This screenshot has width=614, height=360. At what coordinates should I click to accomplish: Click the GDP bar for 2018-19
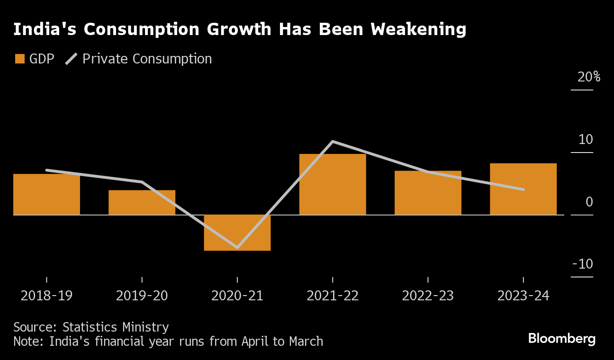click(x=46, y=195)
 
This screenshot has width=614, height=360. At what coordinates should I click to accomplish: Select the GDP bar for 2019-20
click(x=142, y=203)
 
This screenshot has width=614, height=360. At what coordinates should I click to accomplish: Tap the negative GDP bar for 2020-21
click(x=237, y=233)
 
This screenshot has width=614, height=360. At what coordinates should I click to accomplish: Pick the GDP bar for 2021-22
click(x=333, y=185)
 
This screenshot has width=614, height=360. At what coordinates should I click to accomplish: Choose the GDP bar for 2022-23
click(x=428, y=193)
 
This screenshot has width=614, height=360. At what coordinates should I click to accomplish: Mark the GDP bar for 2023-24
click(x=523, y=189)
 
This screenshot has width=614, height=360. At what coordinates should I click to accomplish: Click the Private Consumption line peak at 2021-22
click(x=333, y=142)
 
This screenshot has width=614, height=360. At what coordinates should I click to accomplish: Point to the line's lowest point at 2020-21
click(x=237, y=247)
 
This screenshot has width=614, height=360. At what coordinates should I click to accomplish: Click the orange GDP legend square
click(x=20, y=59)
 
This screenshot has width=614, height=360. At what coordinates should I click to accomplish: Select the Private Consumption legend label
click(x=147, y=59)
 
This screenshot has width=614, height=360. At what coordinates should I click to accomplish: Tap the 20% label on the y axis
click(x=588, y=77)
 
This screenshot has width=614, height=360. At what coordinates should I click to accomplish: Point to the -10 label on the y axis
click(x=582, y=264)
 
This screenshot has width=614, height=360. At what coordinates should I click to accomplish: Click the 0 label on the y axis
click(x=589, y=202)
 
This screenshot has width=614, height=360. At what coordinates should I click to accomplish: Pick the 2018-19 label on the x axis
click(x=46, y=296)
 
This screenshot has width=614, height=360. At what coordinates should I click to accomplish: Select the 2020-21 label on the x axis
click(x=237, y=296)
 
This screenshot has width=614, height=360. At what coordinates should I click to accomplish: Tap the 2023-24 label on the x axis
click(x=523, y=296)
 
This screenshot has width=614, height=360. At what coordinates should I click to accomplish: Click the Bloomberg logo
click(x=561, y=339)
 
